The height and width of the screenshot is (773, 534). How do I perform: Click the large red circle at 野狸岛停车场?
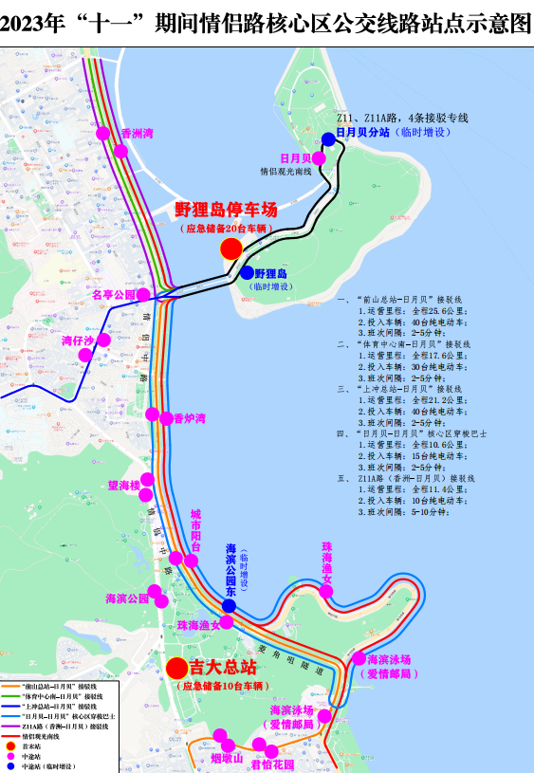pos(230,248)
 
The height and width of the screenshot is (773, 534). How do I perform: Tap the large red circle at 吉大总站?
pos(176,667)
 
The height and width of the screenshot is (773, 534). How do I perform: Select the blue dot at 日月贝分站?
pos(328,138)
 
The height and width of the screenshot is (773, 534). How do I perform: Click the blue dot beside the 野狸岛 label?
pos(248,272)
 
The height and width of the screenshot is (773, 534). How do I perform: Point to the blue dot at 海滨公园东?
pos(229,606)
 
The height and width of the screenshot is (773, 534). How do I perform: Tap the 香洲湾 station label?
pos(138,134)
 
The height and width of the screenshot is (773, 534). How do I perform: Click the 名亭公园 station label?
pos(114,295)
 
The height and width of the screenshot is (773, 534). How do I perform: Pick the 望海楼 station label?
pos(123,486)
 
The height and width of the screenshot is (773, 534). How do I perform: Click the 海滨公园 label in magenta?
pos(127,598)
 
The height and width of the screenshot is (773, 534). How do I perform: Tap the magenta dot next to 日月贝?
pos(320,158)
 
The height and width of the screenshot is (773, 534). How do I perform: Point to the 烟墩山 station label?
pos(227,758)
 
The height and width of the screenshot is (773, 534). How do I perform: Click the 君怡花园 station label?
pos(272,764)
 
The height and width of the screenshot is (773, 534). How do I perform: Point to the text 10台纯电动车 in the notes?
pos(428,500)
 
